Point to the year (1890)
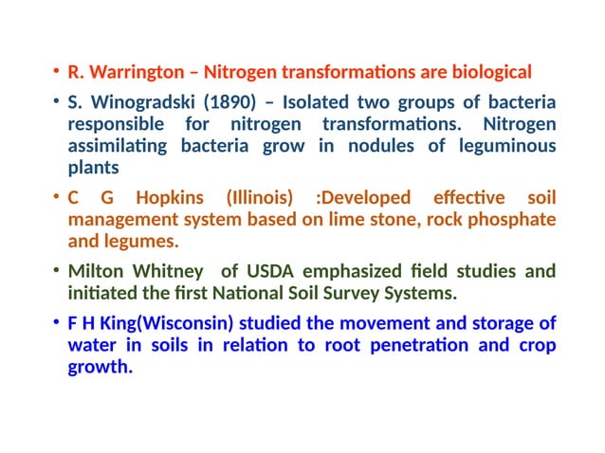221,101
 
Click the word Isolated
318,101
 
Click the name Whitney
167,272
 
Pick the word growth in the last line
99,368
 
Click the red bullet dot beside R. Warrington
56,73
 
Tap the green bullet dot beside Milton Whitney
56,273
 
